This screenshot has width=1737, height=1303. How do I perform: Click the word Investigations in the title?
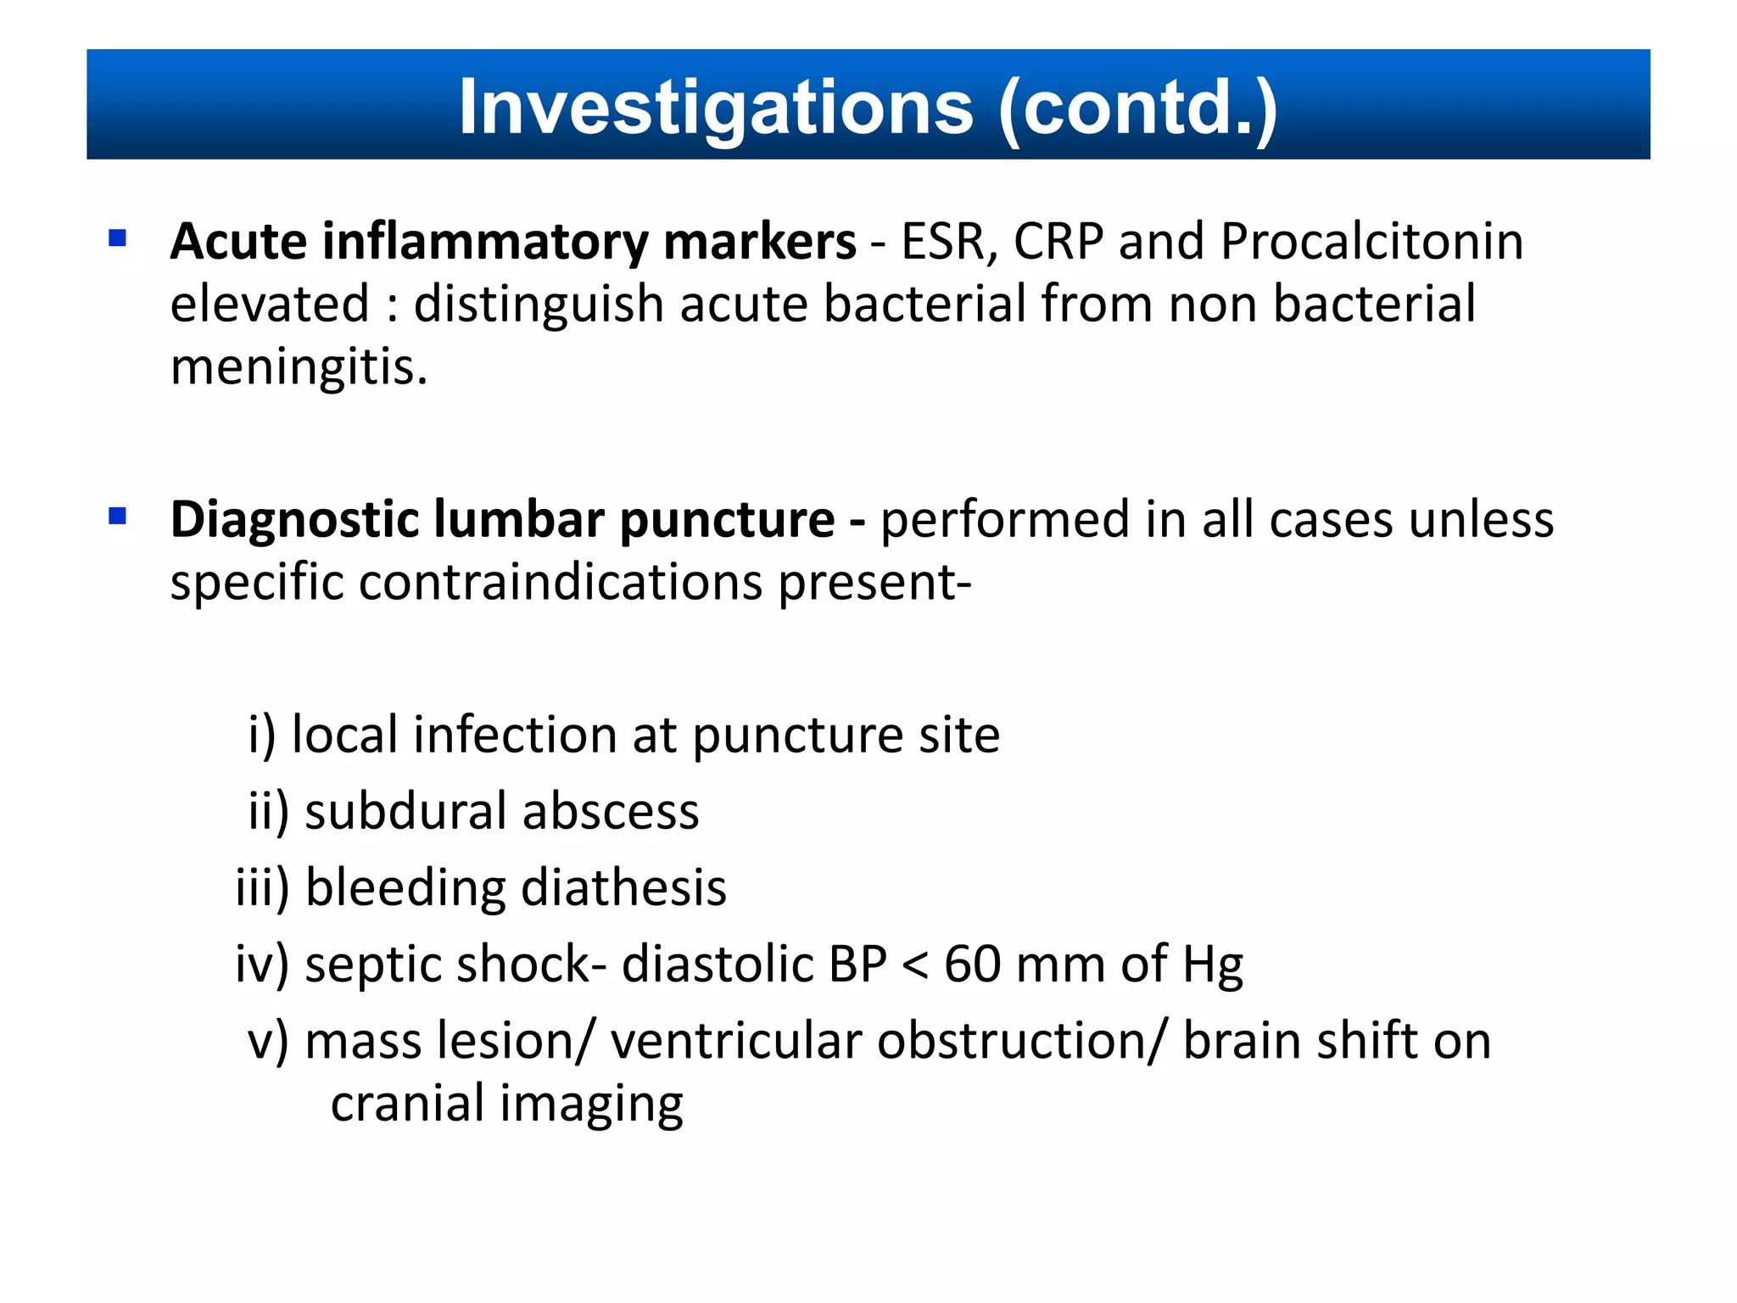pos(715,108)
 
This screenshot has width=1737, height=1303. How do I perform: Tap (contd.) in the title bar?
pos(1137,108)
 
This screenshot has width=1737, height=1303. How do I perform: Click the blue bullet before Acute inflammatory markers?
pos(118,238)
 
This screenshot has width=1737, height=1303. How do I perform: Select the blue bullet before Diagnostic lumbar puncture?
pos(118,516)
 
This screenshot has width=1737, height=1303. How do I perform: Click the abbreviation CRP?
pos(1058,242)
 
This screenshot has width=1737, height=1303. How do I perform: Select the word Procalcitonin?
pos(1371,242)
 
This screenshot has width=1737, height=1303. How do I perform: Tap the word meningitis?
pos(299,368)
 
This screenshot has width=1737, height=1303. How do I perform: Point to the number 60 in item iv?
pos(972,965)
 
